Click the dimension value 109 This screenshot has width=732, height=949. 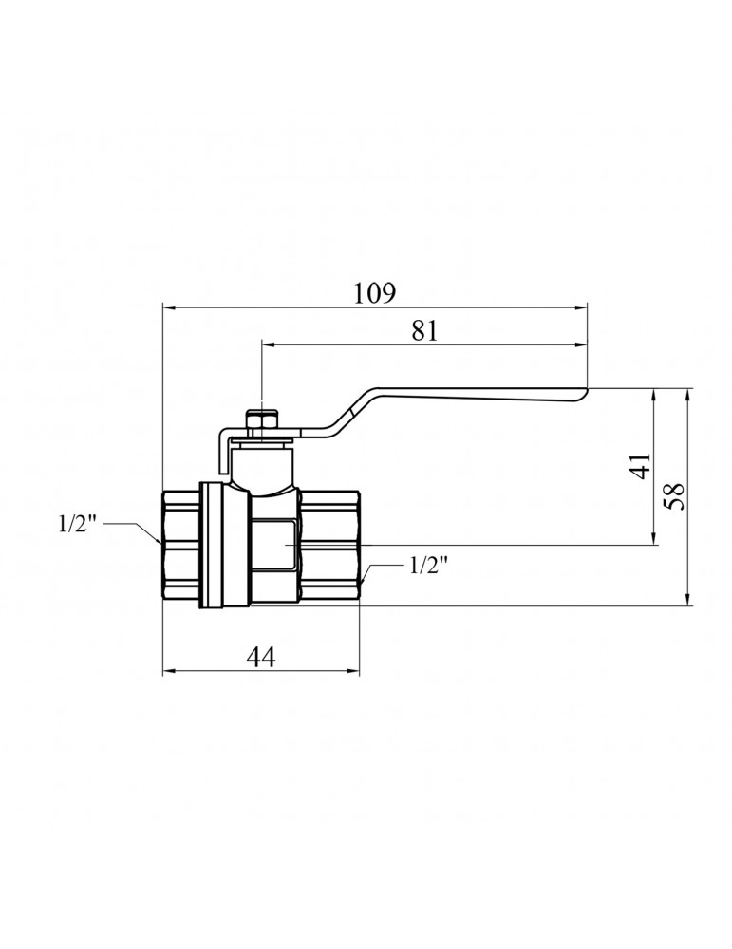(x=375, y=293)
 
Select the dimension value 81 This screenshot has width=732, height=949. (x=423, y=330)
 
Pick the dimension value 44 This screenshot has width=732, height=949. (x=261, y=656)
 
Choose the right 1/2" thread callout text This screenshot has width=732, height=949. (x=428, y=566)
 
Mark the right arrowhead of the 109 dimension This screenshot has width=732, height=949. (x=581, y=308)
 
